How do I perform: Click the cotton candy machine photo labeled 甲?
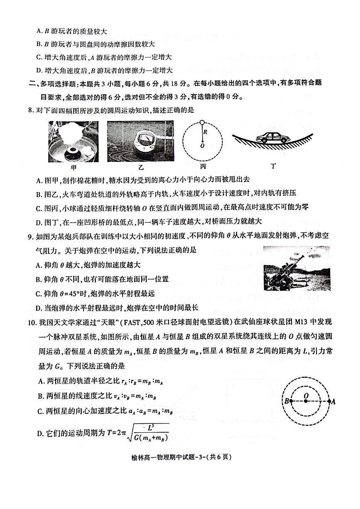(x=73, y=141)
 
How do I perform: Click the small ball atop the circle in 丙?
(x=202, y=122)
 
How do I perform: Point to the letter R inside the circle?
(x=205, y=132)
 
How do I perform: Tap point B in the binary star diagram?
(x=290, y=401)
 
